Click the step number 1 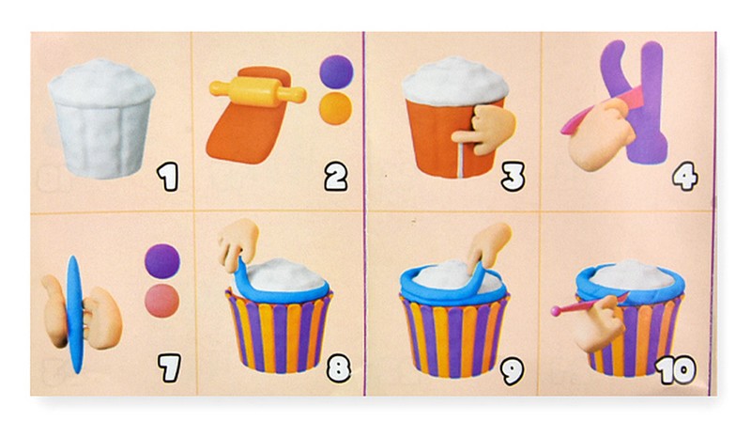[x=168, y=177]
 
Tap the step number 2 [x=336, y=177]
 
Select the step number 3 [x=513, y=177]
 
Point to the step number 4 [x=685, y=177]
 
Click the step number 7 [x=170, y=367]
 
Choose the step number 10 [x=676, y=370]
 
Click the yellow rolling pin [x=257, y=90]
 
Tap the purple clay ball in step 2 [x=336, y=71]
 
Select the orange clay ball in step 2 [x=335, y=108]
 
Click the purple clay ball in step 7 [x=162, y=261]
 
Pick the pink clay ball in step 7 [x=162, y=301]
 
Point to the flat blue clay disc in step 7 [x=75, y=314]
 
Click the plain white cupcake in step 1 [x=101, y=118]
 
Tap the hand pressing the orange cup [x=484, y=129]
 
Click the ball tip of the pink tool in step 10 [x=556, y=311]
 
